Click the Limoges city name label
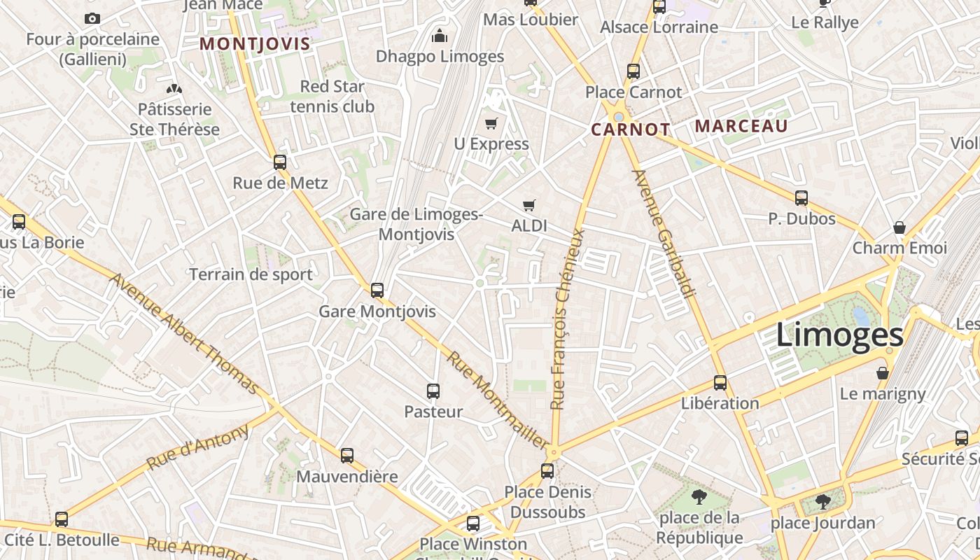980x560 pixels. coord(839,335)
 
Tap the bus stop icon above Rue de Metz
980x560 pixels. coord(280,162)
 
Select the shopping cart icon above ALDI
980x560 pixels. coord(529,206)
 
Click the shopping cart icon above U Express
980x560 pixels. coord(491,124)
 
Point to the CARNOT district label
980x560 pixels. coord(630,129)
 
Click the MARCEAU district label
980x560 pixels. coord(741,127)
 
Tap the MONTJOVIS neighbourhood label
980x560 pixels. coord(255,44)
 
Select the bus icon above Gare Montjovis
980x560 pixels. coord(377,290)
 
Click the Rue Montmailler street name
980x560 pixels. coord(498,400)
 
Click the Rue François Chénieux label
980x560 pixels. coord(568,318)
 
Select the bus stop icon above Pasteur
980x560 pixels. coord(433,391)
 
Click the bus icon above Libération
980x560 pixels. coord(720,383)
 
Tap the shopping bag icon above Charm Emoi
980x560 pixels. coord(899,227)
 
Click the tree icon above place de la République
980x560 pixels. coord(699,498)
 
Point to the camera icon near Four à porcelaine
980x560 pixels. coord(92,19)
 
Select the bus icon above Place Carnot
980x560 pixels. coord(633,71)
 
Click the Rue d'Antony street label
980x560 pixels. coord(197,448)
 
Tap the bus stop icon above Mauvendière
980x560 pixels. coord(347,456)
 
